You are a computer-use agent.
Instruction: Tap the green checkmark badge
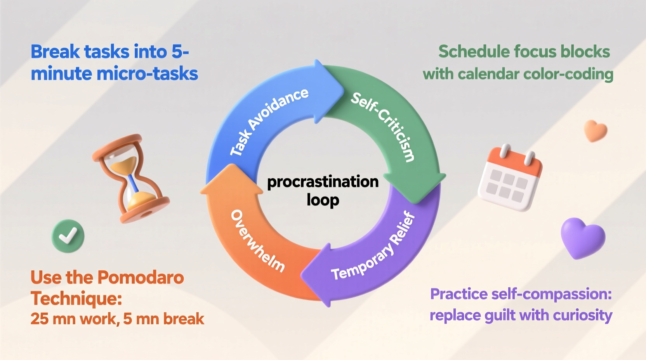(x=68, y=236)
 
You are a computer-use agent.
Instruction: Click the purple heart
(x=583, y=237)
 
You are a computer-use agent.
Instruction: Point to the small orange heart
(x=595, y=131)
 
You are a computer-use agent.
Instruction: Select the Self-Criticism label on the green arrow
(x=383, y=126)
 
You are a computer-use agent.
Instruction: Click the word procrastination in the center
(x=323, y=182)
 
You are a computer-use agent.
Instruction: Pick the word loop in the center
(x=323, y=200)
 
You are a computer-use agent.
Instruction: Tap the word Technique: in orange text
(x=76, y=298)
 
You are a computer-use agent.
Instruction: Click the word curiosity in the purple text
(x=582, y=315)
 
